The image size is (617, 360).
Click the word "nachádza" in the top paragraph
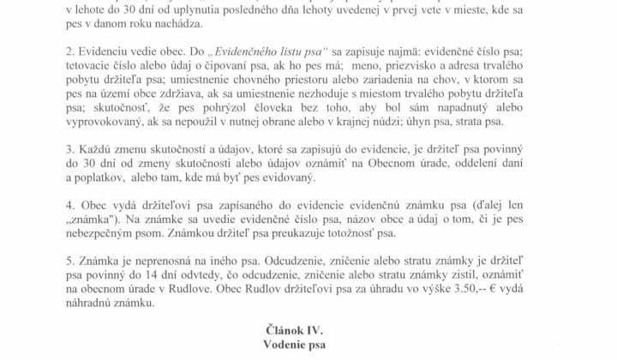[x=171, y=25]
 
